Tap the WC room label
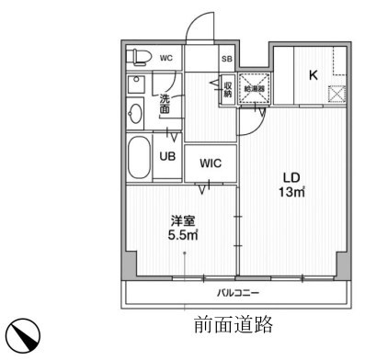[x=166, y=58]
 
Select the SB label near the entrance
[x=226, y=59]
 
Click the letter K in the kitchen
[x=313, y=75]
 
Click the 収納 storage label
[x=226, y=89]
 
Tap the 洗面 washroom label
[x=165, y=103]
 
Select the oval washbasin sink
[x=135, y=113]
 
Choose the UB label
[x=167, y=157]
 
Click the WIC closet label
[x=210, y=163]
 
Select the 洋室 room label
[x=182, y=220]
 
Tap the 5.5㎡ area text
[x=182, y=235]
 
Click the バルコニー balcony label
[x=238, y=294]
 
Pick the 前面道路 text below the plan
[x=234, y=325]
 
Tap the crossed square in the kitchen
[x=336, y=93]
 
